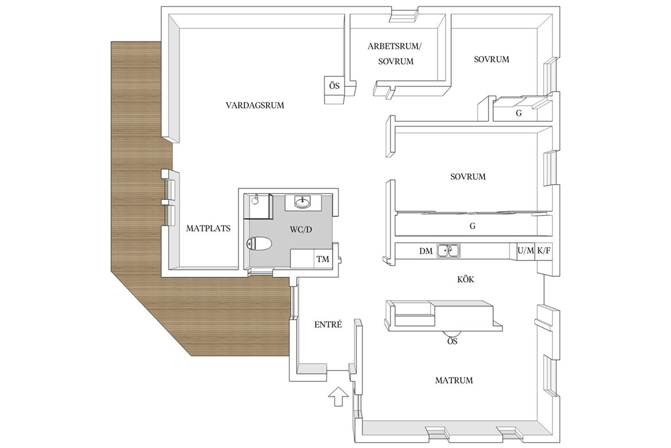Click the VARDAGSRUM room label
coord(255,105)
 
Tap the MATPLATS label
coord(208,229)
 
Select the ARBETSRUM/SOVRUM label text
coord(395,53)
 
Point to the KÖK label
coord(466,279)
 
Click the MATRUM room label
coord(454,380)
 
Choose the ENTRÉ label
coord(328,325)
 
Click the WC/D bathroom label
coord(301,230)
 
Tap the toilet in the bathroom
coord(260,244)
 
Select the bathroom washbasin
coord(305,202)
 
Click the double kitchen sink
coord(448,250)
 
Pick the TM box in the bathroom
coord(323,259)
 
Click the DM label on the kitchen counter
coord(426,251)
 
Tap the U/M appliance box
coord(525,251)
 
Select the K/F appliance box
coord(544,251)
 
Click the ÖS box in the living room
coord(335,86)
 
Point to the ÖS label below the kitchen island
coord(452,341)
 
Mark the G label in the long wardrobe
coord(473,226)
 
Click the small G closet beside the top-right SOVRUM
coord(518,113)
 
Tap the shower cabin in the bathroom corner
coord(259,206)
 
